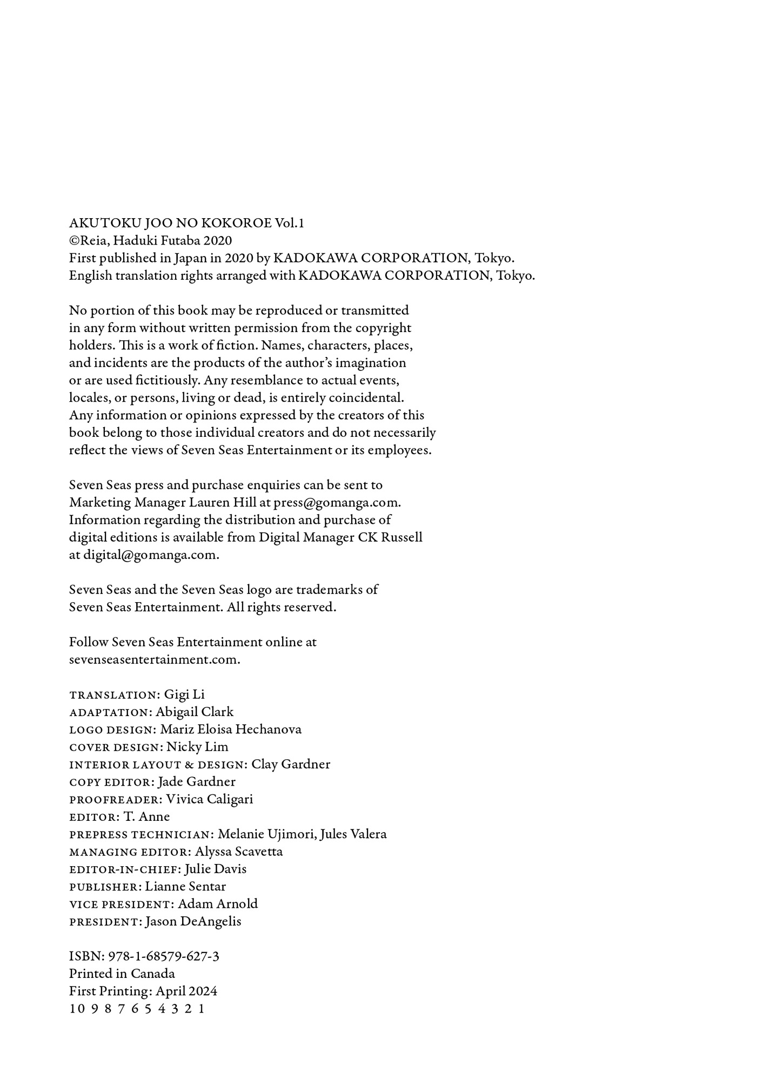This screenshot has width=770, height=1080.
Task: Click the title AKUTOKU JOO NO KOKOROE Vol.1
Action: click(186, 223)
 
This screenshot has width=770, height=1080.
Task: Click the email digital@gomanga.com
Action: click(150, 555)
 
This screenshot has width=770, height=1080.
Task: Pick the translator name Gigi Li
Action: click(184, 694)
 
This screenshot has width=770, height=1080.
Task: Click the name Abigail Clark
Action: click(195, 712)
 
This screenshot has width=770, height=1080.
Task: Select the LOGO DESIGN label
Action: click(112, 730)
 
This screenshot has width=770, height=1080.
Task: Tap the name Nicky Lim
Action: click(197, 747)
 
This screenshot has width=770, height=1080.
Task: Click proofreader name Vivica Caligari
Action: click(209, 799)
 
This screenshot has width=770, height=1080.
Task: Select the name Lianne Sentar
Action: click(185, 887)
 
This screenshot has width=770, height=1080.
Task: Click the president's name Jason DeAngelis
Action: click(193, 922)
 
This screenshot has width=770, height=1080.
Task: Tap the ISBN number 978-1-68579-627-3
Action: click(164, 956)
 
